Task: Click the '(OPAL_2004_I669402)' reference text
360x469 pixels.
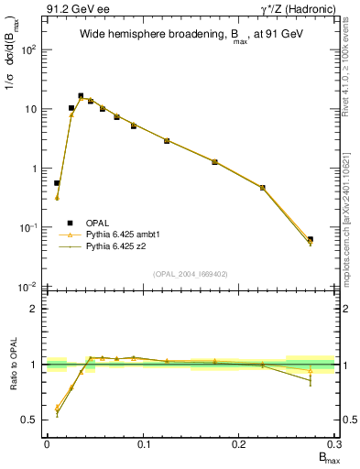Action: point(191,274)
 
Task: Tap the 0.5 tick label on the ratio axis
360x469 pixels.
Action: point(30,420)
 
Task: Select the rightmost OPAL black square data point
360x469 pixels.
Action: point(311,239)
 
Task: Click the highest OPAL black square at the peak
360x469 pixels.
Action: point(81,95)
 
